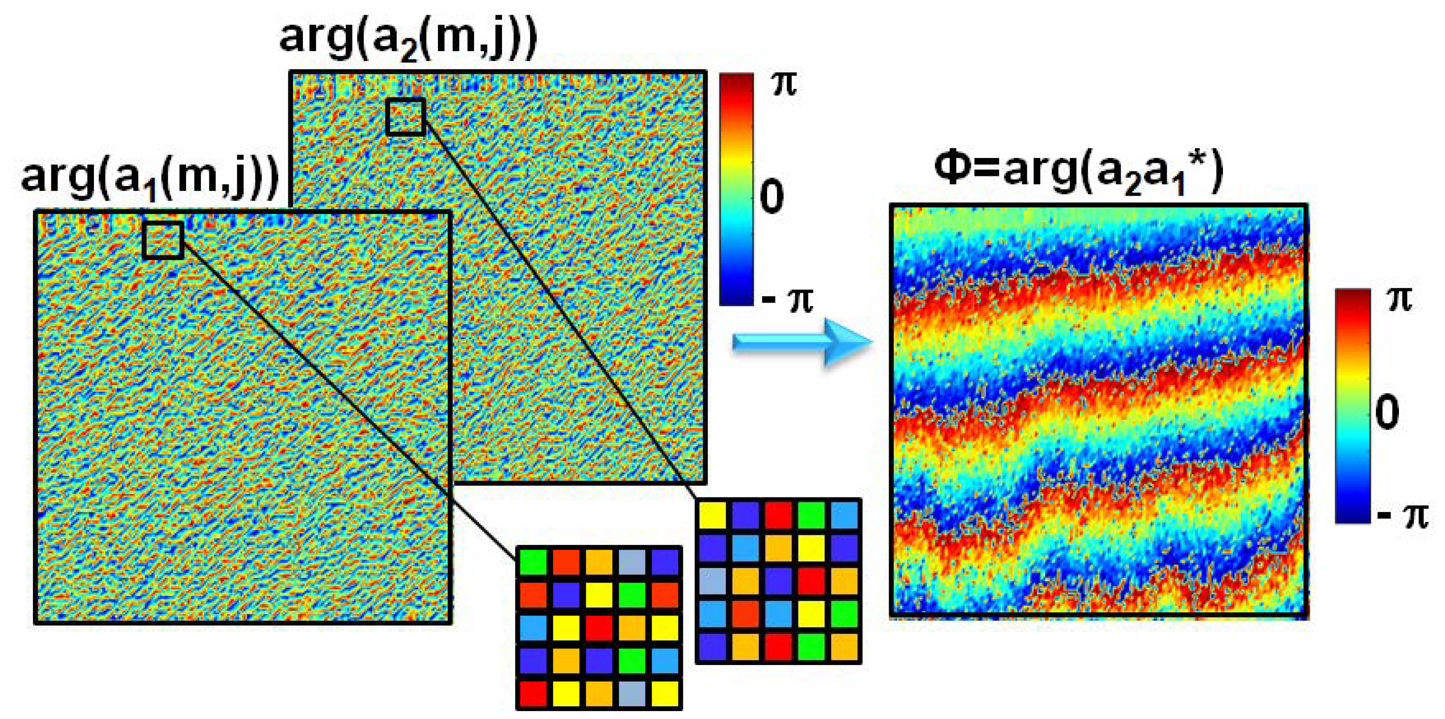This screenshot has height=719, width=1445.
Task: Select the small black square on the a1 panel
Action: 163,240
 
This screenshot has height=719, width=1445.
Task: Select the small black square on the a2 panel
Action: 405,117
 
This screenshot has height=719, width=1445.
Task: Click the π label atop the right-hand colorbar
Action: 1399,300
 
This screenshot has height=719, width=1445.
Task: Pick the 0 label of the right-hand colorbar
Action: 1387,412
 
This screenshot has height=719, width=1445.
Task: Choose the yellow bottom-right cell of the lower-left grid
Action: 665,693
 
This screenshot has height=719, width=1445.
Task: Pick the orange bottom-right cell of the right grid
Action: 844,647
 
